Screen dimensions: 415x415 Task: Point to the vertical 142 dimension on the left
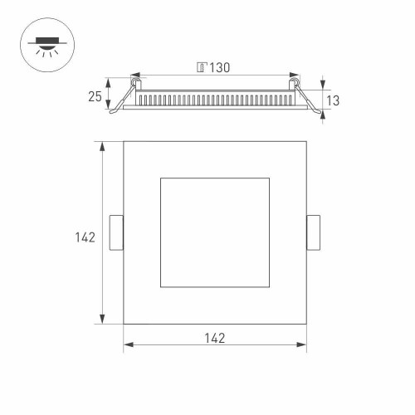click(84, 237)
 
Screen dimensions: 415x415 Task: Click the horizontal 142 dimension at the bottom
click(214, 338)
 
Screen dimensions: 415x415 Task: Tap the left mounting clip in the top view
click(117, 232)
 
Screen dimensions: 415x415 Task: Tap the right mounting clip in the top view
click(313, 232)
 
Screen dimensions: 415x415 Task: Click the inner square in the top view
click(215, 232)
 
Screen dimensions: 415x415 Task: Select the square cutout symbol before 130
click(201, 67)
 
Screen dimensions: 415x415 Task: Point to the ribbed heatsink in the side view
click(215, 100)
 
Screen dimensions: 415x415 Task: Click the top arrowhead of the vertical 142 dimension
click(102, 146)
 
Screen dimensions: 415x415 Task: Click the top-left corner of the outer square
click(124, 142)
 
